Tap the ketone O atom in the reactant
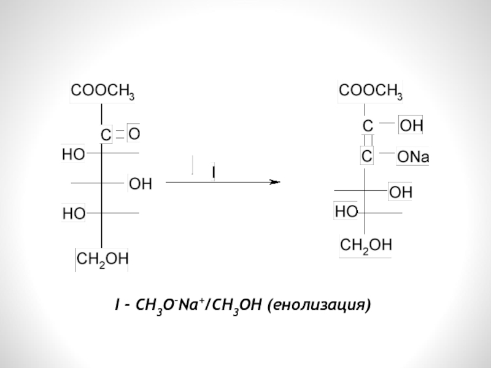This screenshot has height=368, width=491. (134, 133)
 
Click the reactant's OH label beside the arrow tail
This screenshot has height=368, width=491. (140, 184)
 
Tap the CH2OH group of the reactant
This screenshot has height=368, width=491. (101, 260)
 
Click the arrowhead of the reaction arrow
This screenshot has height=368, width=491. (275, 183)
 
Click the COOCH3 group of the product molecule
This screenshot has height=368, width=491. (371, 92)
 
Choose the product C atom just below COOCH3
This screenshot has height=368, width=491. (368, 125)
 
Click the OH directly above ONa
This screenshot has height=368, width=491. (411, 126)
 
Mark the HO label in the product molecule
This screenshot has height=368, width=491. (347, 212)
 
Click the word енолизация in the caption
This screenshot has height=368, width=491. (319, 304)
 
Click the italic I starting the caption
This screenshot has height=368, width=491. (117, 304)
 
